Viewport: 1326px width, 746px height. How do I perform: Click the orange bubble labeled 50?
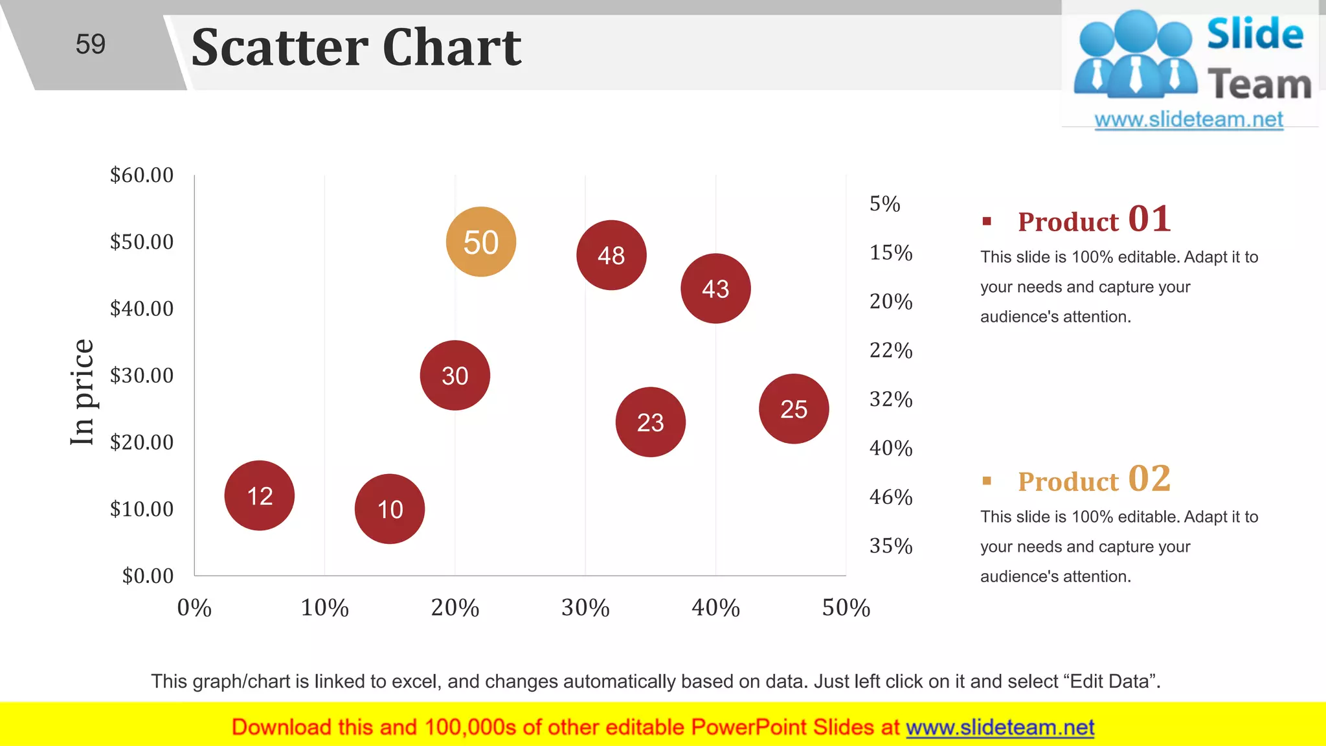tap(480, 242)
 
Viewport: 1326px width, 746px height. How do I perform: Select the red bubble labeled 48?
tap(611, 255)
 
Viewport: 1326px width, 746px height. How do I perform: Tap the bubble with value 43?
tap(715, 289)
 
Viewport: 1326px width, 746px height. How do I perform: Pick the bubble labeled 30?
tap(455, 376)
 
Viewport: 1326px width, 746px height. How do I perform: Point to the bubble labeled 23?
tap(650, 422)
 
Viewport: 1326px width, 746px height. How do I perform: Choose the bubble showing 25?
tap(794, 409)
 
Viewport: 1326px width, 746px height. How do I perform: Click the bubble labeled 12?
tap(260, 496)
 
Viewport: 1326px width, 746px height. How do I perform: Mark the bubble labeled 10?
tap(390, 509)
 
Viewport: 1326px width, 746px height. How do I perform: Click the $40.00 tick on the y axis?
tap(142, 308)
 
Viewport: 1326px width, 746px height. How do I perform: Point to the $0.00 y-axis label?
tap(148, 576)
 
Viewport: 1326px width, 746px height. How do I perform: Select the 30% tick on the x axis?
tap(585, 607)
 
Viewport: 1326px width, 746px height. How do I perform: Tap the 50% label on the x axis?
tap(846, 607)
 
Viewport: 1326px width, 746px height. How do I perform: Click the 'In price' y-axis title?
tap(83, 392)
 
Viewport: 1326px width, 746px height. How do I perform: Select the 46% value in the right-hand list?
tap(891, 497)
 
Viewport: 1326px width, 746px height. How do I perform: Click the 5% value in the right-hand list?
tap(884, 204)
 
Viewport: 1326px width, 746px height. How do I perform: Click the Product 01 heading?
tap(1094, 220)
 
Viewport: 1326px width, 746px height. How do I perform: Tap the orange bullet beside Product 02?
tap(987, 480)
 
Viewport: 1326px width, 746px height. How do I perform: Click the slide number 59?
tap(90, 44)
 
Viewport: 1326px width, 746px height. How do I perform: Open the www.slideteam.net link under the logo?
tap(1189, 119)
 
